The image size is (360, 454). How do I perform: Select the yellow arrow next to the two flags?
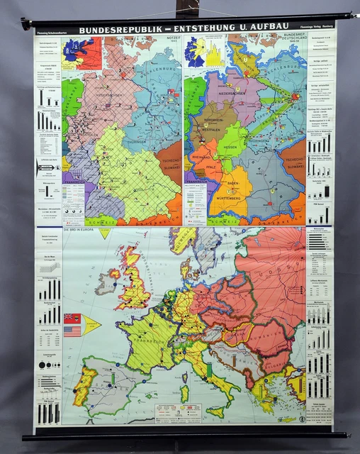click(x=92, y=325)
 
